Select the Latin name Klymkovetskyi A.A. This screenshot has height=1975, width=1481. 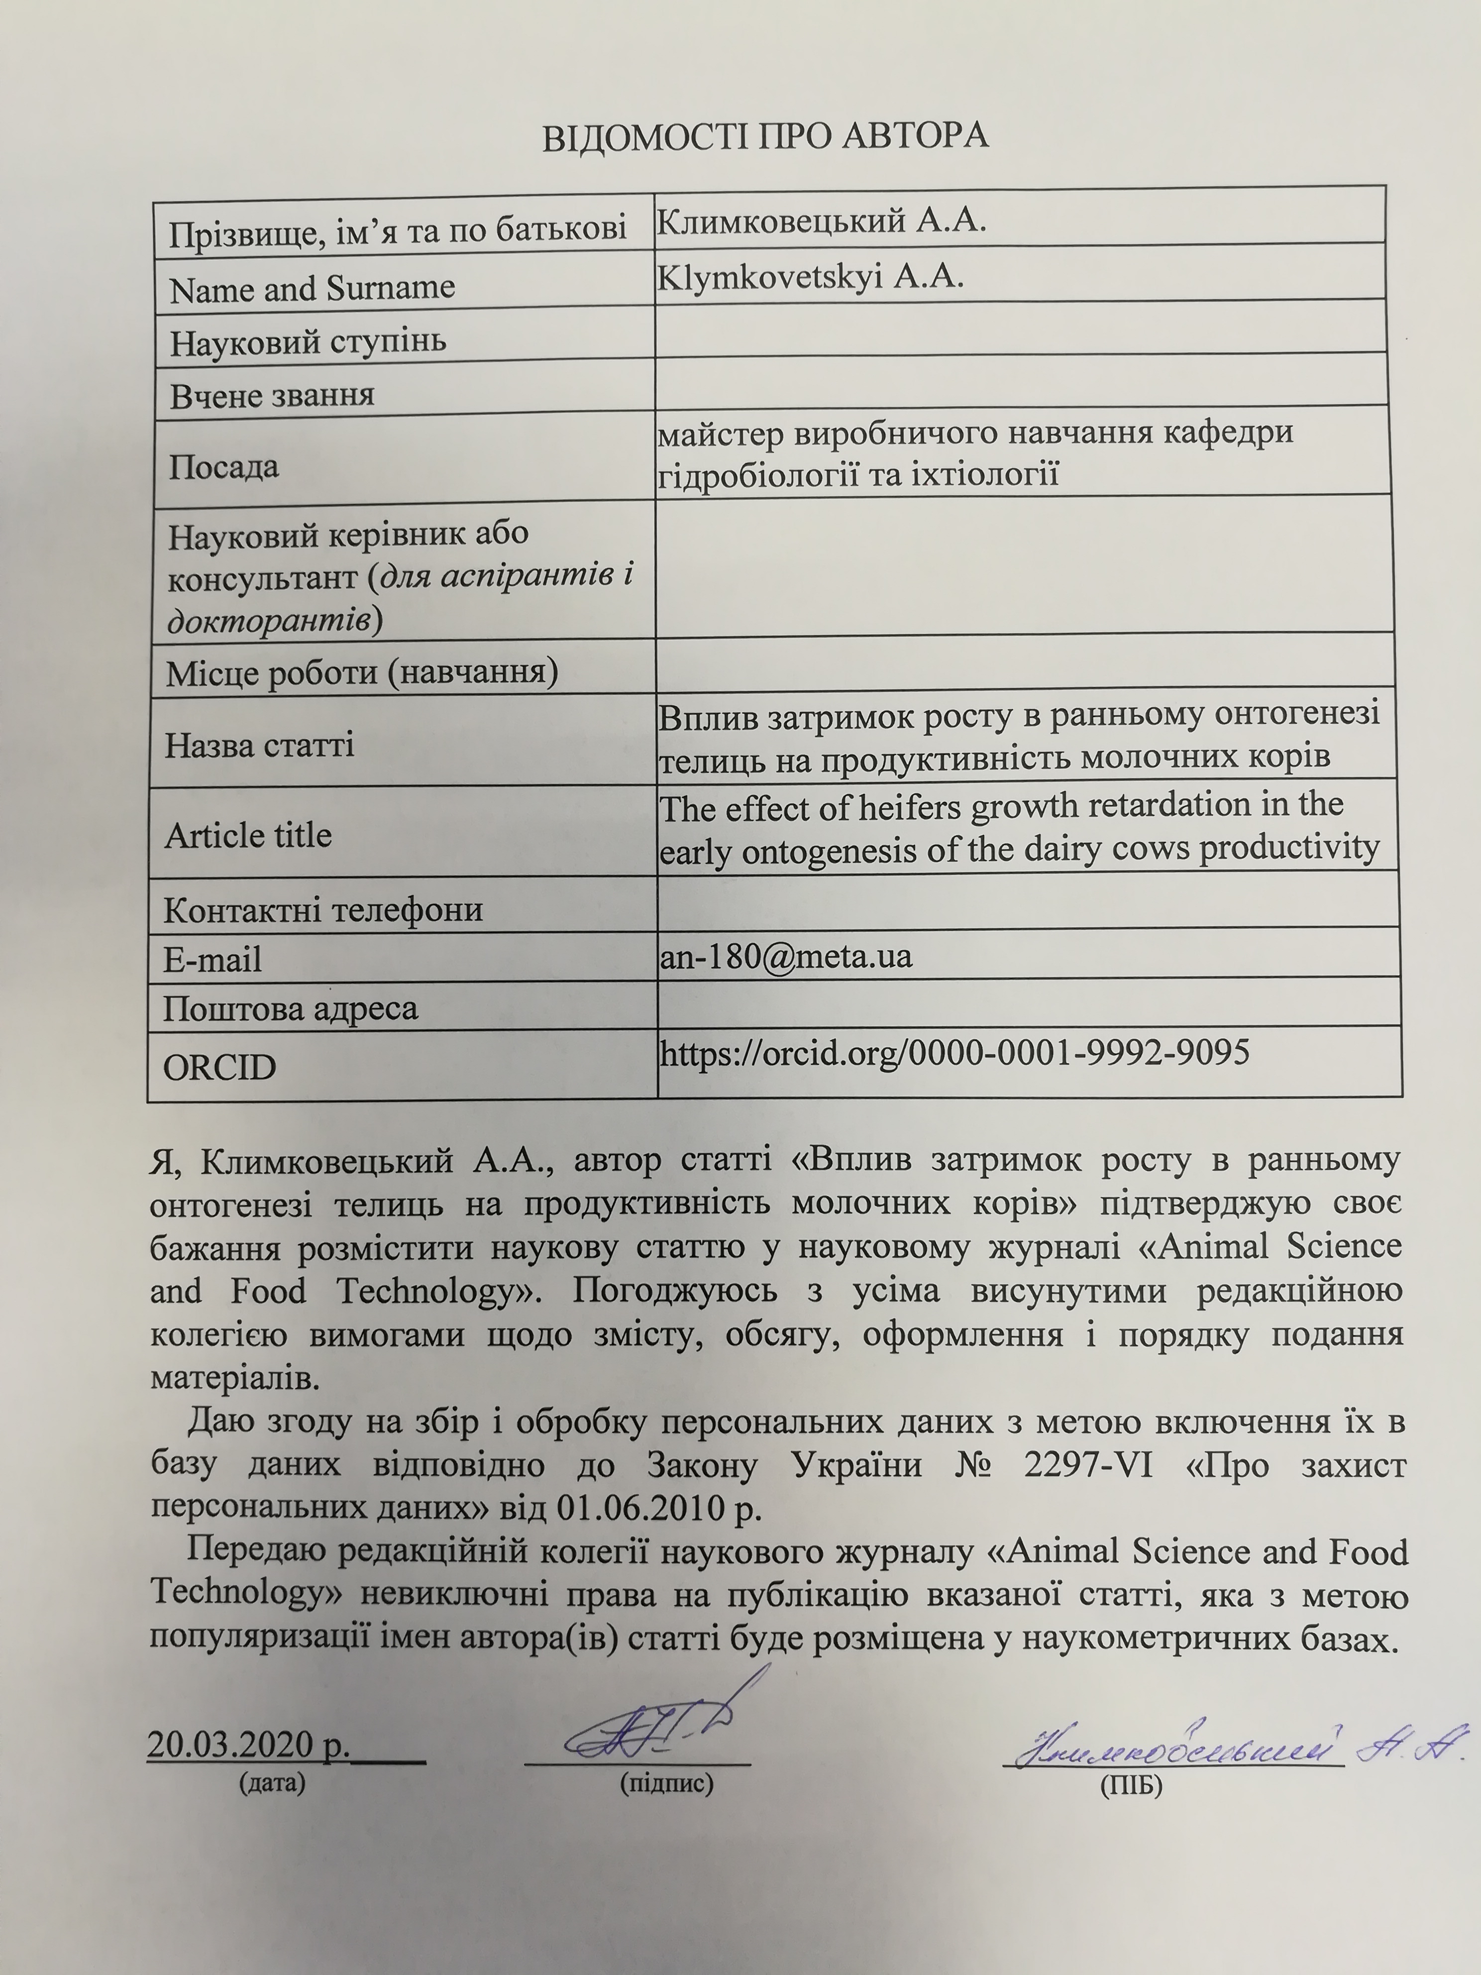(810, 278)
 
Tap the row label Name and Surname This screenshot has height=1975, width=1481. (313, 288)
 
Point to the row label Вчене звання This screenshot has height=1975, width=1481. (272, 395)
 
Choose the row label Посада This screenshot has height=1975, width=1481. (223, 466)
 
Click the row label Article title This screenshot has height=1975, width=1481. (248, 835)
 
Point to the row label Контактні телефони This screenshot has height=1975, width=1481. (323, 909)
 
